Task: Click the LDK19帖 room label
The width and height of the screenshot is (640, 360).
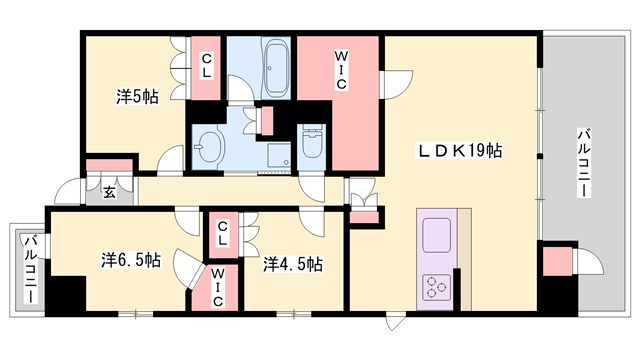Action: point(459,151)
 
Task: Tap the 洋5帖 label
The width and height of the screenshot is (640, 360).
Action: point(137,97)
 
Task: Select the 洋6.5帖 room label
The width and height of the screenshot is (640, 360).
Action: point(131,260)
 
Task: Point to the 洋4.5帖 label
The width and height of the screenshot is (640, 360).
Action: point(293,264)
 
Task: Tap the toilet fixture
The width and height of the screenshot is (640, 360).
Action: point(312,142)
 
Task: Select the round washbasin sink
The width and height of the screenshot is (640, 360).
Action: point(210,148)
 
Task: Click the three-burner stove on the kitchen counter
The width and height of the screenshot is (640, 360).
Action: point(436,287)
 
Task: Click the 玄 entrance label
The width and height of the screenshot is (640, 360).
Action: point(109,192)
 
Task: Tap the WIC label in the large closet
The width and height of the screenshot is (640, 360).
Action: point(340,69)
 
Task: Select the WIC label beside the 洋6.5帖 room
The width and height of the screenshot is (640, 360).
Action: point(218,287)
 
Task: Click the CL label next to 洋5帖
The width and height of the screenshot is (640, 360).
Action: point(207,66)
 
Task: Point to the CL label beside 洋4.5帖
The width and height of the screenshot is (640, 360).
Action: point(222,233)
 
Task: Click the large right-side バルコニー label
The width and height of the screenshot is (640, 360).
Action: point(584,163)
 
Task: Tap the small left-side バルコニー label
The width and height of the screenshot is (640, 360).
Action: point(31,269)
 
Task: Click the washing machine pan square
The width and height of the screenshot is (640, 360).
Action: point(280,155)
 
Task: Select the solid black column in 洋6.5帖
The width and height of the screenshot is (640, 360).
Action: point(65,294)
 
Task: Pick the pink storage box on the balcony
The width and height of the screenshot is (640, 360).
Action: point(557,261)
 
